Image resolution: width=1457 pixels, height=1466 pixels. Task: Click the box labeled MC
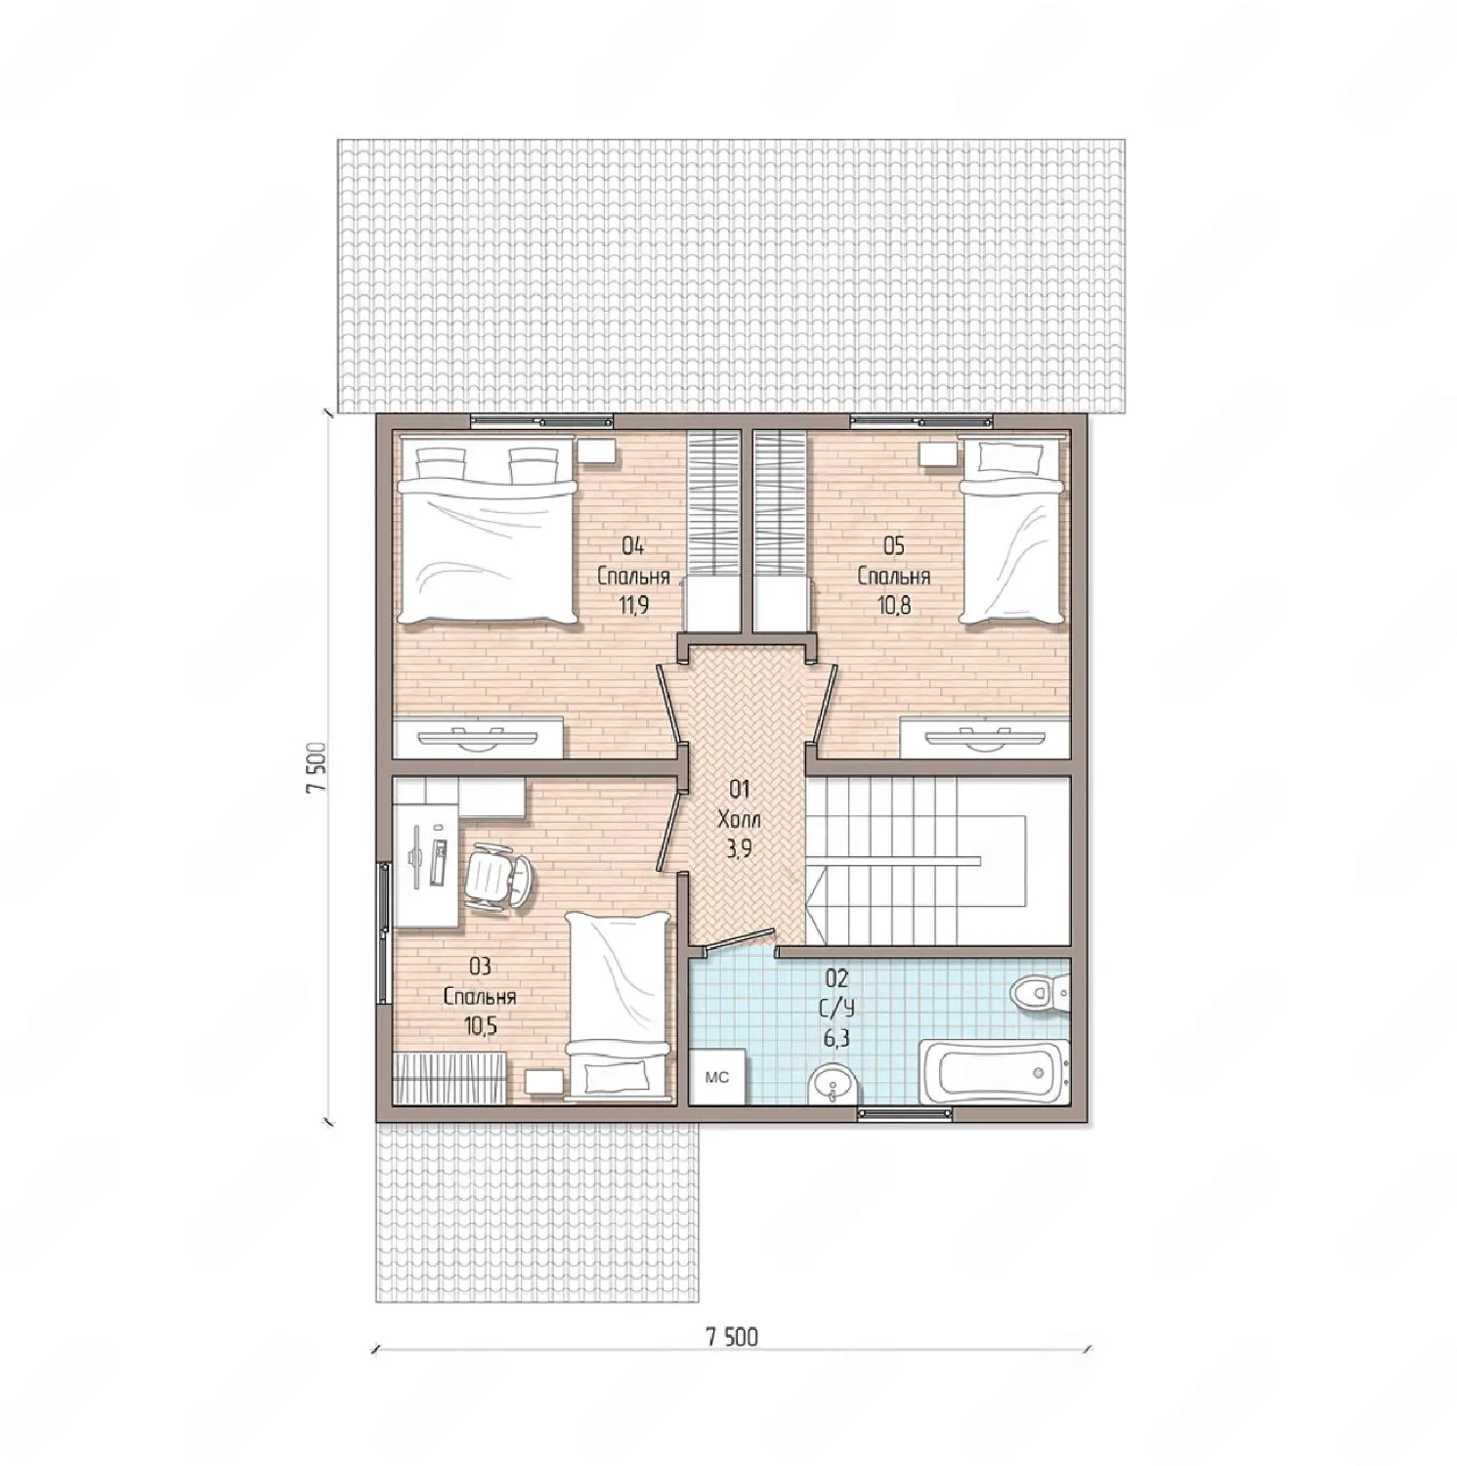(x=718, y=1077)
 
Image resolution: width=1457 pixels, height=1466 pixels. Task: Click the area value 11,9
(x=633, y=606)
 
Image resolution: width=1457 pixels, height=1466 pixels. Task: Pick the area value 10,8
(x=893, y=606)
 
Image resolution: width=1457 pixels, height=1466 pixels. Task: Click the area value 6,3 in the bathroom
(x=836, y=1038)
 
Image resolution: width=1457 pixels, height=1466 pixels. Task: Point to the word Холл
(x=739, y=819)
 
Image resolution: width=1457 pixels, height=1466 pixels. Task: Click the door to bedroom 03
(x=670, y=831)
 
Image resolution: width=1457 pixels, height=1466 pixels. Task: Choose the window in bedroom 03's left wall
(x=384, y=932)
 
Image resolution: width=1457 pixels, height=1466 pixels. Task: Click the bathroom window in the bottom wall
(x=905, y=1112)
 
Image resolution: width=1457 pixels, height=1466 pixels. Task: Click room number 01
(x=739, y=788)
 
